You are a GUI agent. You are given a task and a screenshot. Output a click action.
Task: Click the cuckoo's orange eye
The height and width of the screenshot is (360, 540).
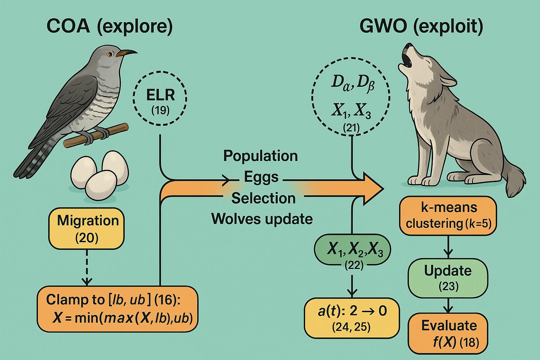[110, 54]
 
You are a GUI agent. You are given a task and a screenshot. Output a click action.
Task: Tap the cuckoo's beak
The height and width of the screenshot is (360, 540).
[127, 52]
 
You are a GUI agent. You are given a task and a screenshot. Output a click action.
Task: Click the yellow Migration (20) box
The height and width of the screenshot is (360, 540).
[87, 229]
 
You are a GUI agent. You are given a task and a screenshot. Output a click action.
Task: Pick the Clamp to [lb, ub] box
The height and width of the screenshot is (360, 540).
[117, 309]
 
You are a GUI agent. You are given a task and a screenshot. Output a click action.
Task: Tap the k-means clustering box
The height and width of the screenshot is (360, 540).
[448, 216]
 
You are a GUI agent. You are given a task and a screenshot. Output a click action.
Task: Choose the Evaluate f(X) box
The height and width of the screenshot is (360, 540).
[448, 333]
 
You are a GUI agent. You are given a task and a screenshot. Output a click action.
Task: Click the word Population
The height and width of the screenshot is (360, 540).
[261, 156]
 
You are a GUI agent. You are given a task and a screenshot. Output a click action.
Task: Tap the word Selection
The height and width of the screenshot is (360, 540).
[263, 198]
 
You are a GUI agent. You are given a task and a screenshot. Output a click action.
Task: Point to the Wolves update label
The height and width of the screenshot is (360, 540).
[262, 219]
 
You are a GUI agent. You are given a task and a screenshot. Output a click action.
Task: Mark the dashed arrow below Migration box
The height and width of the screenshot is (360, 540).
[87, 268]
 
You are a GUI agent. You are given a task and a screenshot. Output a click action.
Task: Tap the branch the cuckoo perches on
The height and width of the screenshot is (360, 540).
[96, 136]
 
